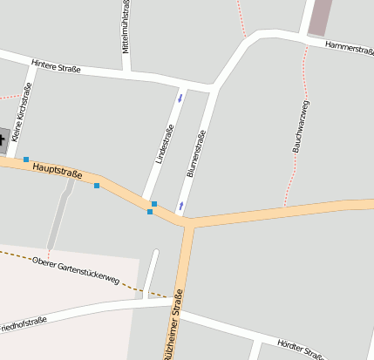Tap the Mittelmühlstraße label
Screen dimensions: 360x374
point(126,29)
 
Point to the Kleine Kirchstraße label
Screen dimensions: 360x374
point(23,112)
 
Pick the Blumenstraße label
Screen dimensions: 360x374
point(195,153)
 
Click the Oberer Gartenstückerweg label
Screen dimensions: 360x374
point(75,268)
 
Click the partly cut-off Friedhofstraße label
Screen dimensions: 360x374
point(23,323)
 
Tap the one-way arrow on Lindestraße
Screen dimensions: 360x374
point(180,97)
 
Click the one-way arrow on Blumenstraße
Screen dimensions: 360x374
point(181,206)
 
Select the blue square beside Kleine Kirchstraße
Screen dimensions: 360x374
point(26,159)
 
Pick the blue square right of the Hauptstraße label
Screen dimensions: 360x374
point(97,185)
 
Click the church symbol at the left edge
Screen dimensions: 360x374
point(3,136)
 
